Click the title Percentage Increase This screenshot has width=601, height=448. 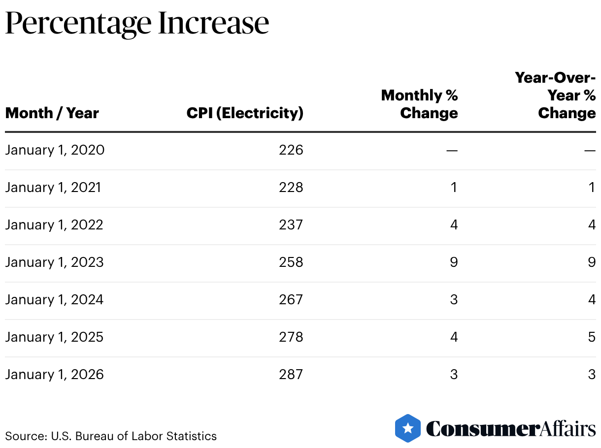click(x=137, y=24)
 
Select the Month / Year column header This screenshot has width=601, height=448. click(x=52, y=113)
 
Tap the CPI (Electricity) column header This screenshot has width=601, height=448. click(x=245, y=113)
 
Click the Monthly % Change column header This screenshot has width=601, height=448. click(x=420, y=104)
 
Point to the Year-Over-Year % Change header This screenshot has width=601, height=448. click(x=556, y=96)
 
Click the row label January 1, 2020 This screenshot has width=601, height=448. click(x=55, y=150)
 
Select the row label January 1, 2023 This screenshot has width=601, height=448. click(x=54, y=262)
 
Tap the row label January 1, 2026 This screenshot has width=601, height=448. click(x=54, y=374)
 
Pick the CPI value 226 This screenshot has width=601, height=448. click(x=291, y=150)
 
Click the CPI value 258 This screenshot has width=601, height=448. click(x=291, y=262)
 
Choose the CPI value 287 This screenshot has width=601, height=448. click(x=291, y=374)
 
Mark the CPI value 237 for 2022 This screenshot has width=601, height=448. click(x=291, y=224)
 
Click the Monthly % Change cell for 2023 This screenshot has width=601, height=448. click(x=454, y=262)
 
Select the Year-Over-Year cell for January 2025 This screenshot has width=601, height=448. click(x=592, y=337)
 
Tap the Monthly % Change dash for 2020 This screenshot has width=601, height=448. click(x=452, y=150)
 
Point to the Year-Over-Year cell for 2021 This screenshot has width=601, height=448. click(x=592, y=187)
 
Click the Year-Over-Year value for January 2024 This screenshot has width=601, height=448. click(x=592, y=299)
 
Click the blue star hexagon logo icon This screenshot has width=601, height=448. click(x=408, y=428)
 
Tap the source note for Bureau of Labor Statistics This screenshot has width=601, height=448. click(x=111, y=436)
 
